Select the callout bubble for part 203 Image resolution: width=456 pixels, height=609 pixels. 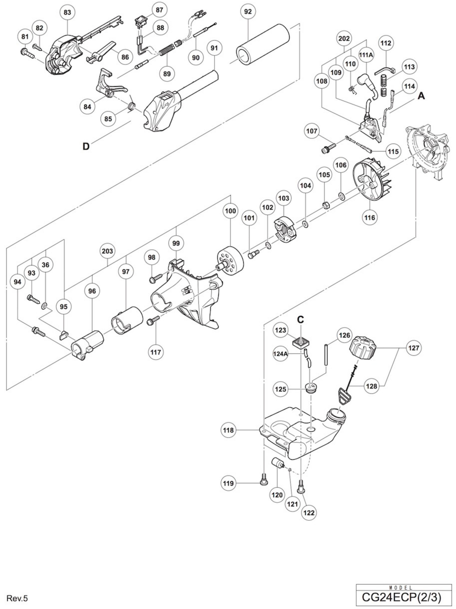point(107,251)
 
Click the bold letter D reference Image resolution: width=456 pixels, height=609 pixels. point(86,146)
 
